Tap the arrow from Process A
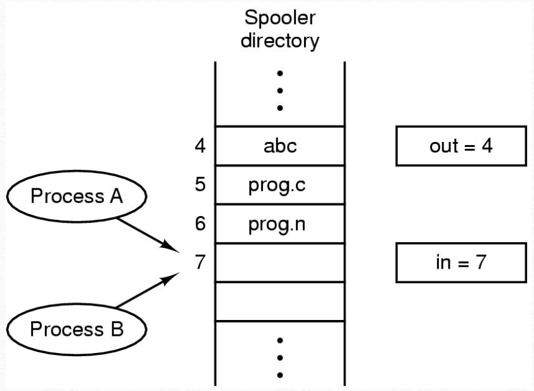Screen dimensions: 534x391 click(x=148, y=235)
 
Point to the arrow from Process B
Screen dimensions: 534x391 click(x=148, y=290)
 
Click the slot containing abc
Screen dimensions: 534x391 click(x=280, y=146)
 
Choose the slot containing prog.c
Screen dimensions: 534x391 click(x=280, y=185)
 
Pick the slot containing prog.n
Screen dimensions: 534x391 click(x=280, y=224)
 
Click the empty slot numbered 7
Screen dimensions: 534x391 click(x=280, y=262)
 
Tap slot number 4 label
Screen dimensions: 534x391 click(x=200, y=146)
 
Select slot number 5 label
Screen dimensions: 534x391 click(x=200, y=184)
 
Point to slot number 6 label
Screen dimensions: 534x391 click(x=200, y=224)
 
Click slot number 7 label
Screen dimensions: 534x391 click(x=200, y=262)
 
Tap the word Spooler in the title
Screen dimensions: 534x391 click(x=280, y=18)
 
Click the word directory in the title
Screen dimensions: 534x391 click(x=280, y=41)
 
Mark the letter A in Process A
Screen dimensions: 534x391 click(x=115, y=196)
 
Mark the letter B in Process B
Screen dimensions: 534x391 click(x=117, y=329)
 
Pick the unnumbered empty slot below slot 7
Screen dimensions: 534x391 click(x=280, y=302)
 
